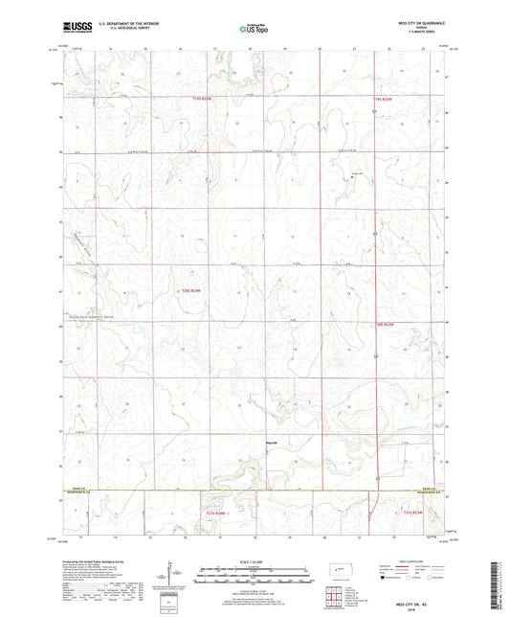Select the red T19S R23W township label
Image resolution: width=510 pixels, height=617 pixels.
pyautogui.click(x=386, y=98)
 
